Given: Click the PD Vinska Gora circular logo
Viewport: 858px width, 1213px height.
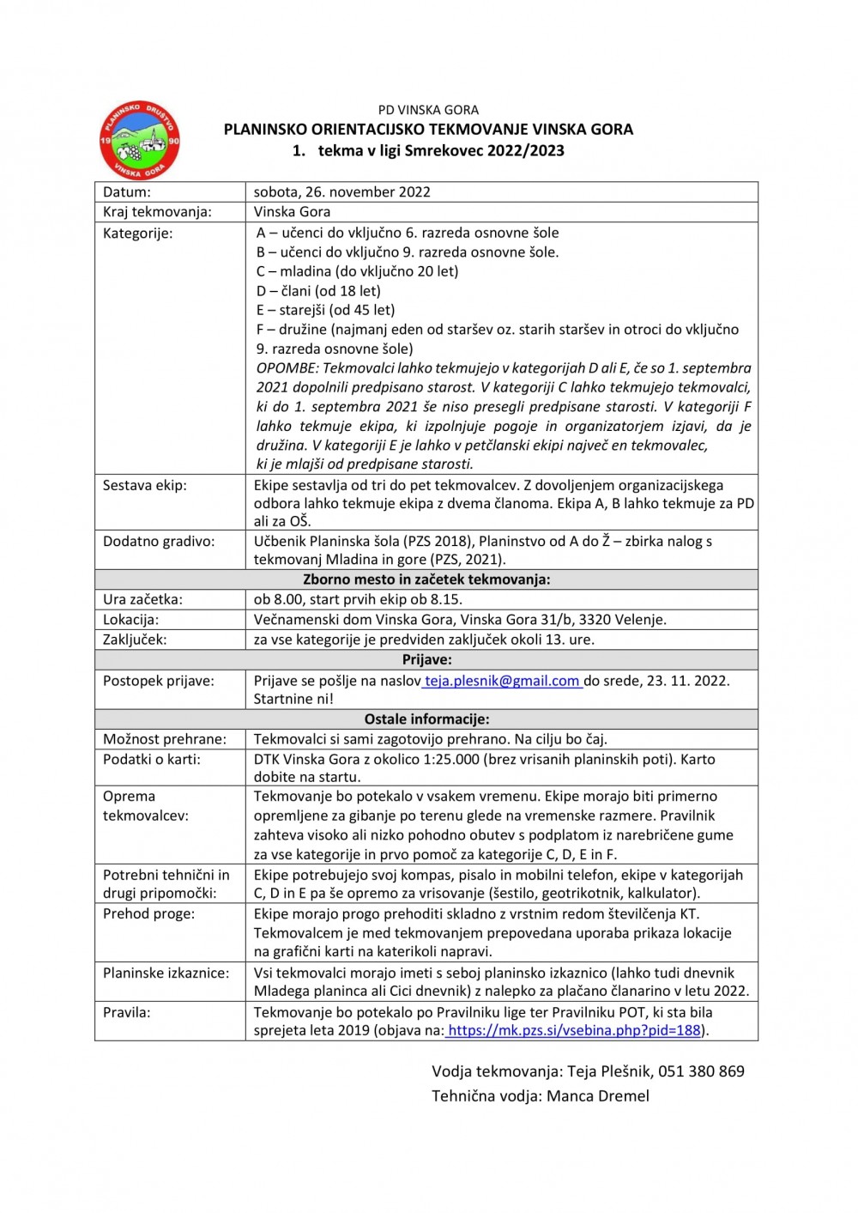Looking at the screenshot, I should click(x=139, y=140).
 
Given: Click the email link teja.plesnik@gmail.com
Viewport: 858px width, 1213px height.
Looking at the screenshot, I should click(x=502, y=681).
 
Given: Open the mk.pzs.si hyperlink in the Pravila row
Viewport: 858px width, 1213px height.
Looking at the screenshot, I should click(x=574, y=1030).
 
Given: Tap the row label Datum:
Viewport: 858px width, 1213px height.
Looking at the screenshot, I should click(x=127, y=192).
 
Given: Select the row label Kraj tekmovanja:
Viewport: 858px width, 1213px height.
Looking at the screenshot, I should click(x=157, y=212).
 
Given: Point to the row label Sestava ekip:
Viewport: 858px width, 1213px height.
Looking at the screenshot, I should click(x=145, y=486).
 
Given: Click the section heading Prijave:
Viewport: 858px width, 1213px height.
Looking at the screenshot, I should click(x=426, y=659).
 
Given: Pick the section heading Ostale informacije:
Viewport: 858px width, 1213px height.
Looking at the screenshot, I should click(x=426, y=719).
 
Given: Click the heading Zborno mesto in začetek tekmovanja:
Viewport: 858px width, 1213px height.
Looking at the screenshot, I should click(x=426, y=579).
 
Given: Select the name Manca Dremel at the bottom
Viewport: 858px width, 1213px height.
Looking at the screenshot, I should click(x=598, y=1096).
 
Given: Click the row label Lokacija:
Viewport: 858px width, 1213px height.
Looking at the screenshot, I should click(x=130, y=620).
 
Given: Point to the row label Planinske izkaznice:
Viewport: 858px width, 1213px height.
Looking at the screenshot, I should click(x=166, y=973).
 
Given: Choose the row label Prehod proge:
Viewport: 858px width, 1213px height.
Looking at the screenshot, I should click(x=148, y=914).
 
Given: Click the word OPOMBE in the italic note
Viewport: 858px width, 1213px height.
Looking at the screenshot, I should click(x=287, y=368).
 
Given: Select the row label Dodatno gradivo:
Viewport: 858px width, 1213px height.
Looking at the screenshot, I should click(x=159, y=542).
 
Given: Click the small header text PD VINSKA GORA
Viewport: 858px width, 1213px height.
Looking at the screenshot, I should click(x=428, y=110).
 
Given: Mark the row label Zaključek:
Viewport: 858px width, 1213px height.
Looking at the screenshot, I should click(x=135, y=640).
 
